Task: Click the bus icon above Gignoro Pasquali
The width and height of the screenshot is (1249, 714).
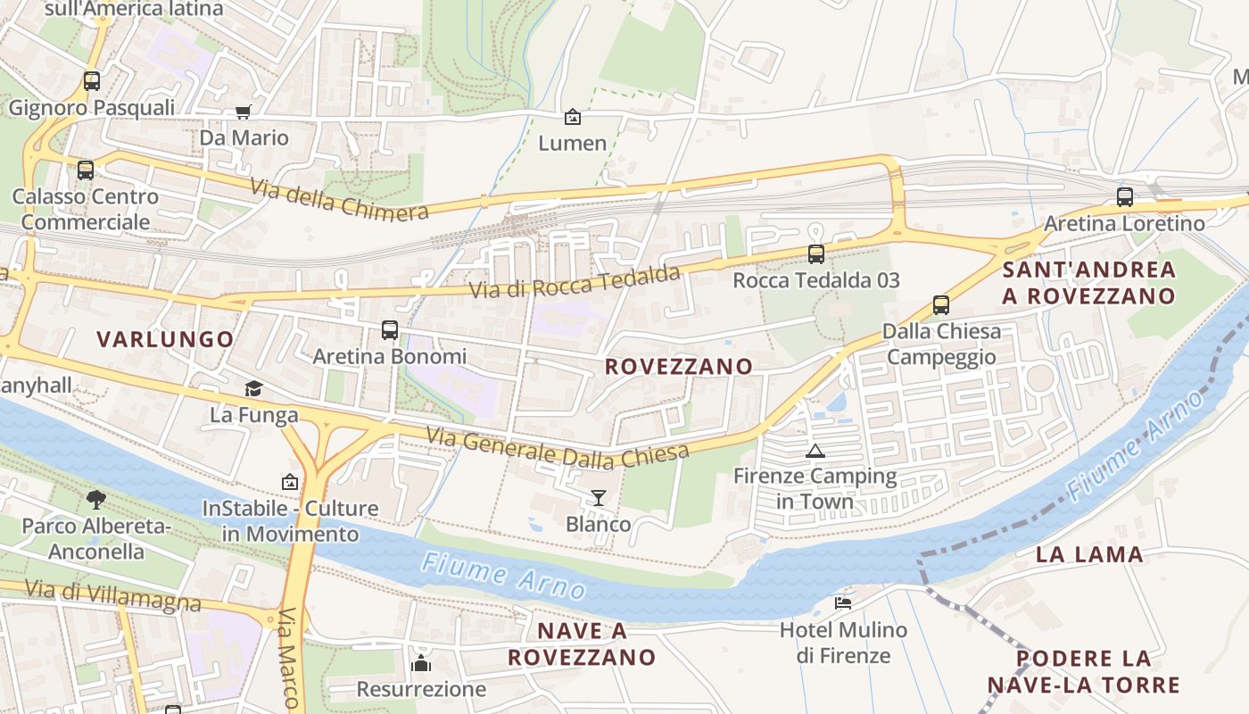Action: (x=92, y=81)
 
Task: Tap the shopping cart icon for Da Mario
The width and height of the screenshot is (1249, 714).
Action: (x=243, y=112)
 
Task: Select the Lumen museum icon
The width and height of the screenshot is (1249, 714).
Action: (x=572, y=117)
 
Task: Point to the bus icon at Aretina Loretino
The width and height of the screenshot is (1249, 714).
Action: (x=1125, y=197)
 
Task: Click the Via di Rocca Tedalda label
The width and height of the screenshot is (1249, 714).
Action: (x=575, y=282)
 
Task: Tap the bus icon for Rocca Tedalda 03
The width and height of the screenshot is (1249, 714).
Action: (x=815, y=254)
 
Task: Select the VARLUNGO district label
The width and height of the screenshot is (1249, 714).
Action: (x=165, y=339)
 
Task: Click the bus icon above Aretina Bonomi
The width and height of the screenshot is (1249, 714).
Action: (x=390, y=330)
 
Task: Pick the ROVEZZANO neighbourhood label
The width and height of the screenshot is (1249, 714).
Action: (x=679, y=367)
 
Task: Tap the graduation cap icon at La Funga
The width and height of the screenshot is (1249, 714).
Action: (x=254, y=389)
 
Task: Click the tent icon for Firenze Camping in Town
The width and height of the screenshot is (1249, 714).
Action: (x=815, y=451)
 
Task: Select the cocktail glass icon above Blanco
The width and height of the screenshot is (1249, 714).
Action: (x=599, y=498)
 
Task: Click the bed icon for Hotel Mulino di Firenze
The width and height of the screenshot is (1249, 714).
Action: (x=843, y=603)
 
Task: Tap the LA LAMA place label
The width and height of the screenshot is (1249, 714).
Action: (x=1089, y=554)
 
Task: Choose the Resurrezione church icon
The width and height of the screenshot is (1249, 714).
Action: (x=421, y=663)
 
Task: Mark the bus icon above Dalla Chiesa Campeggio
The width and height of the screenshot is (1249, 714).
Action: (x=941, y=305)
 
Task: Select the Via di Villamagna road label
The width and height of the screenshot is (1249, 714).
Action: (x=113, y=595)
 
